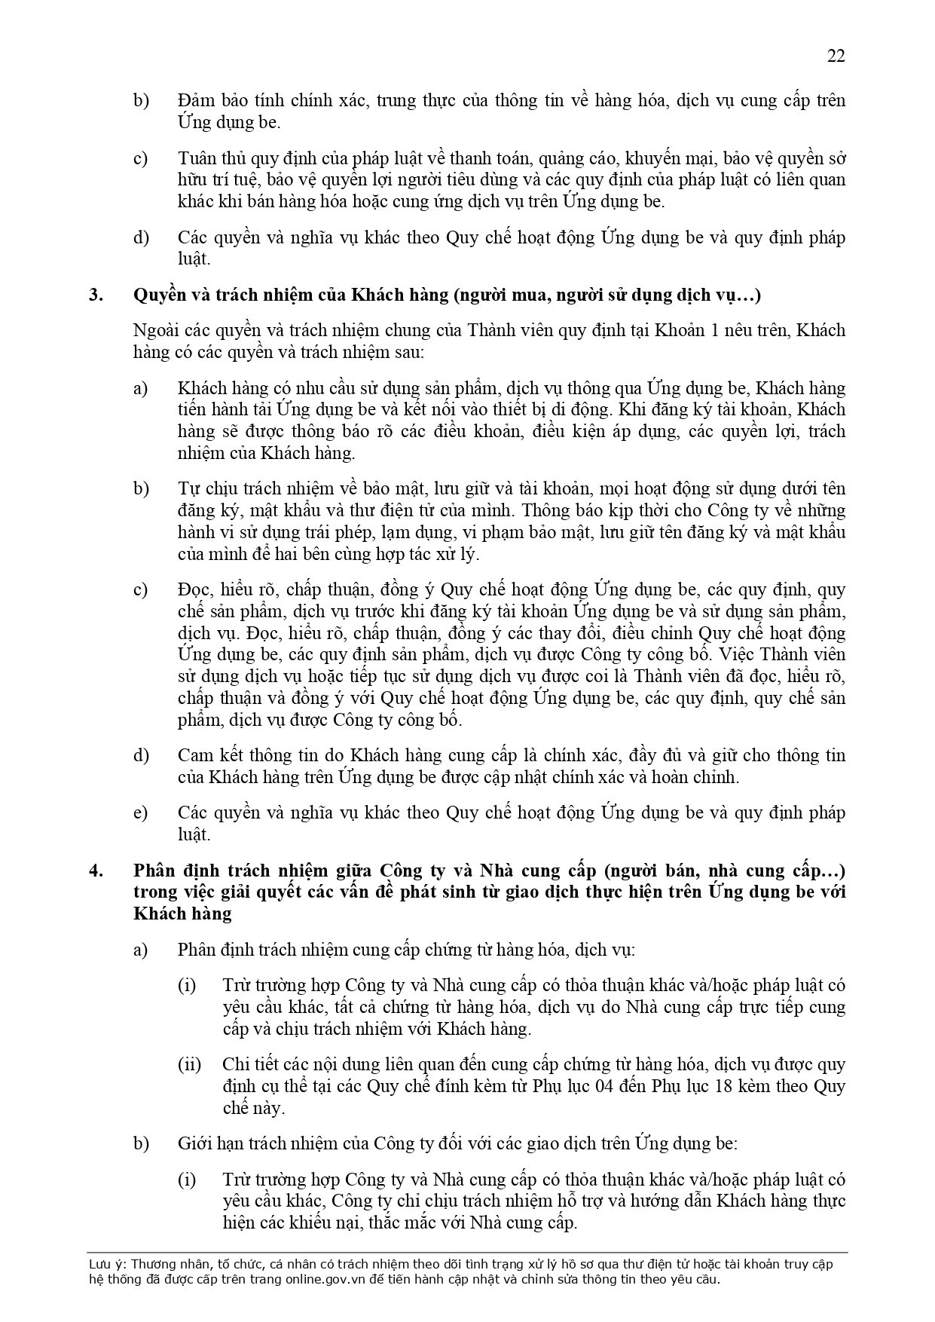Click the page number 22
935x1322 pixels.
836,56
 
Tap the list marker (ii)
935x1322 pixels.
189,1064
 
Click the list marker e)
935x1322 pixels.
140,812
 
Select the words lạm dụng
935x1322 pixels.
422,532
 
